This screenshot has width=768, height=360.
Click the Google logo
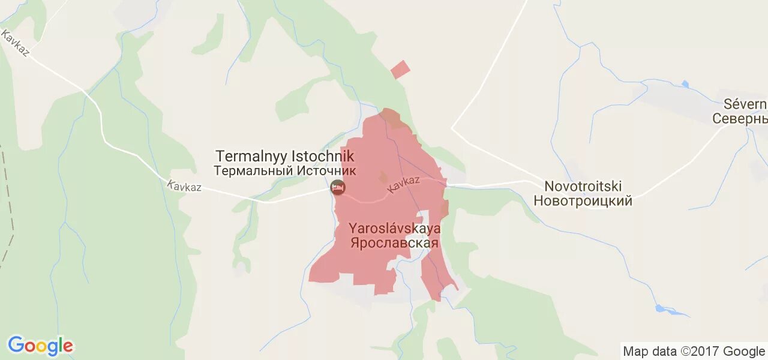pyautogui.click(x=40, y=346)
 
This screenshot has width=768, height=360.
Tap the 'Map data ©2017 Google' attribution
pyautogui.click(x=694, y=351)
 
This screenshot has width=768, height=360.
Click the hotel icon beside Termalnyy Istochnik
pyautogui.click(x=338, y=187)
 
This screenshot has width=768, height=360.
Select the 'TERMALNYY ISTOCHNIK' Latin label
pyautogui.click(x=285, y=157)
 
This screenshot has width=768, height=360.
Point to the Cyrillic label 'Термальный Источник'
pyautogui.click(x=285, y=170)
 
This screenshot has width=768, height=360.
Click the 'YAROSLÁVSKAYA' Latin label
pyautogui.click(x=395, y=229)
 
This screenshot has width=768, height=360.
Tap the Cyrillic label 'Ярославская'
pyautogui.click(x=395, y=243)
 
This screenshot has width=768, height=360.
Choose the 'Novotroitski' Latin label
pyautogui.click(x=583, y=187)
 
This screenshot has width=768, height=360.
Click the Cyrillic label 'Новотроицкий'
pyautogui.click(x=583, y=201)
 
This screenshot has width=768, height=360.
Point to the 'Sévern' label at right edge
pyautogui.click(x=745, y=104)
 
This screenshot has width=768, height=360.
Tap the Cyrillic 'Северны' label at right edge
pyautogui.click(x=740, y=118)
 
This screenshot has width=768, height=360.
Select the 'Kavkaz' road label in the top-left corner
pyautogui.click(x=16, y=43)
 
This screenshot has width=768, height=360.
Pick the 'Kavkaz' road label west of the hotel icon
pyautogui.click(x=184, y=187)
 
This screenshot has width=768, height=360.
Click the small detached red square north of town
pyautogui.click(x=400, y=70)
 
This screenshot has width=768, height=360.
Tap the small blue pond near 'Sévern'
pyautogui.click(x=685, y=84)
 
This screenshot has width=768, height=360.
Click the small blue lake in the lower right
pyautogui.click(x=663, y=309)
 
